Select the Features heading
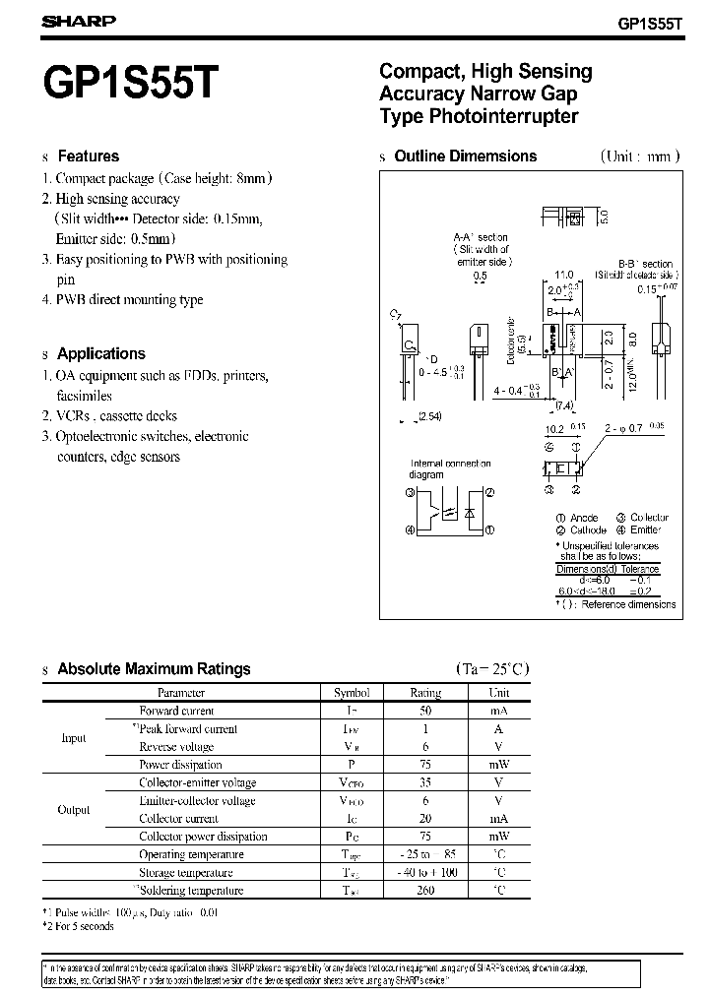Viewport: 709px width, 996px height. click(x=88, y=156)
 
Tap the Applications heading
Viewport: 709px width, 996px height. click(x=100, y=353)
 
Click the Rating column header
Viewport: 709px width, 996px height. click(x=425, y=693)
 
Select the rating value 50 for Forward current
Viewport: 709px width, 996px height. click(x=425, y=711)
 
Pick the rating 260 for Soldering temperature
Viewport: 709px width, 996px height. click(x=425, y=890)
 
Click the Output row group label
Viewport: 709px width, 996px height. click(x=74, y=810)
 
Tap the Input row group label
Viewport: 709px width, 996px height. click(x=74, y=738)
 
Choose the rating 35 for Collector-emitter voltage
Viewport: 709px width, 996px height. click(x=425, y=782)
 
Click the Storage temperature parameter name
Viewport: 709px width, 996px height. click(x=186, y=872)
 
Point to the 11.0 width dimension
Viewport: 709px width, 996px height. click(x=564, y=275)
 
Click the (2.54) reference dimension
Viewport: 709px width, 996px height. click(x=429, y=416)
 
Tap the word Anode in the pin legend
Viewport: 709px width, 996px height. click(x=584, y=518)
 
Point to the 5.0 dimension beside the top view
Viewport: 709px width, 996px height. click(x=605, y=217)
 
